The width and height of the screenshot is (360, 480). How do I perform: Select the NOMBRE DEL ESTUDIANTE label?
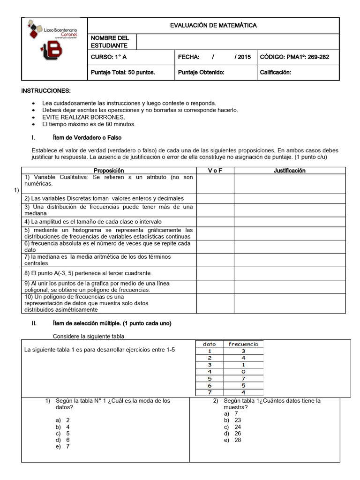coord(109,42)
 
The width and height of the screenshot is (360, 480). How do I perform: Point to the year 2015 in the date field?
coord(244,57)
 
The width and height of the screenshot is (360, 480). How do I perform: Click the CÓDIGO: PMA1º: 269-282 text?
coord(294,57)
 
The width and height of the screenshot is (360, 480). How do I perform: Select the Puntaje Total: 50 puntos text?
coord(122,72)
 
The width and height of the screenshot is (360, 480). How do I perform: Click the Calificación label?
coord(275,72)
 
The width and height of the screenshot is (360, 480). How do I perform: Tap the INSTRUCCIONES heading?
coord(46,90)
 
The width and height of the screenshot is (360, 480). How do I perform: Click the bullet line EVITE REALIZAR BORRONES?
coord(77,117)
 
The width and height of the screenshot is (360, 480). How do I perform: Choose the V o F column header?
coord(215,171)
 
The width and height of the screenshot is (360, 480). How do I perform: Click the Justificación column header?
coord(289,171)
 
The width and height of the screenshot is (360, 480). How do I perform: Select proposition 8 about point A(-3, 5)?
coord(88,273)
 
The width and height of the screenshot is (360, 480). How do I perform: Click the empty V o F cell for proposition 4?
coord(215,221)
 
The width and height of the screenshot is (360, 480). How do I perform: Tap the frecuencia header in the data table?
coord(243,344)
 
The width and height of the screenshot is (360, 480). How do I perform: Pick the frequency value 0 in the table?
coord(243,371)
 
